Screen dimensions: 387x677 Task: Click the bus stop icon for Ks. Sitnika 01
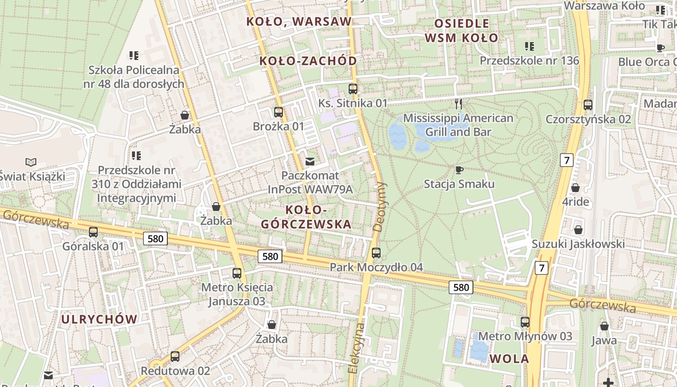(x=353, y=89)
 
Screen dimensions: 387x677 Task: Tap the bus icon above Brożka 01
(x=279, y=112)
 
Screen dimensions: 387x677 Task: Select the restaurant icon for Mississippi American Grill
(x=458, y=104)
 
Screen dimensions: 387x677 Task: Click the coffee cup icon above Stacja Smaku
(x=459, y=170)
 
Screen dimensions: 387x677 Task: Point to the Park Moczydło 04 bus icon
(x=376, y=253)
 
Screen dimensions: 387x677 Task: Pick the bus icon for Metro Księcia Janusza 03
(x=237, y=273)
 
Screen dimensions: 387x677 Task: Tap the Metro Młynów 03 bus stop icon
(x=525, y=322)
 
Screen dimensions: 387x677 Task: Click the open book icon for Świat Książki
(x=31, y=162)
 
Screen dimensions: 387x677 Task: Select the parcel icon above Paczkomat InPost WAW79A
(x=310, y=161)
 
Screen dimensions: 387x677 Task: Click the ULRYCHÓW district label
(x=100, y=319)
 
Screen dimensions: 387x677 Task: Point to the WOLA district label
(x=509, y=359)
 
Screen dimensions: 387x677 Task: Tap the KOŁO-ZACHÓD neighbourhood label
(x=308, y=61)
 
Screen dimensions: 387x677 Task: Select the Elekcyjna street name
(x=356, y=347)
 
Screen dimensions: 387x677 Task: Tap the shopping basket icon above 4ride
(x=575, y=188)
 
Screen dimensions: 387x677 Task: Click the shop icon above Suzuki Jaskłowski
(x=578, y=230)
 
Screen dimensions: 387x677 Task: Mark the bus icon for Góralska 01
(x=93, y=232)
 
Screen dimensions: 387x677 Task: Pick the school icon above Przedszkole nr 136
(x=530, y=46)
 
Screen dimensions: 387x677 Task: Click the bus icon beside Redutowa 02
(x=175, y=357)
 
